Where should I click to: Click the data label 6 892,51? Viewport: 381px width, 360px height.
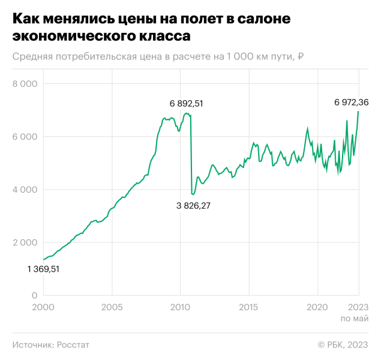coord(187,103)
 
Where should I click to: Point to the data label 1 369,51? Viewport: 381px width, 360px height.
coord(43,269)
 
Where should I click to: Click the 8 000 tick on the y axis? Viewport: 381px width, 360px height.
coord(25,84)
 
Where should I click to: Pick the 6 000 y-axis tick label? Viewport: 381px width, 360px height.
coord(25,137)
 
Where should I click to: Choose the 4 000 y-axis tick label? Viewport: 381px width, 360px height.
coord(25,190)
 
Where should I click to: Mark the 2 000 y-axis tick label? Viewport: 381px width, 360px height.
coord(25,242)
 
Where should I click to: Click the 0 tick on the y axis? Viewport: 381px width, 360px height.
coord(34,295)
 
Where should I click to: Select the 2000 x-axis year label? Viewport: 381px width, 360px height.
coord(43,307)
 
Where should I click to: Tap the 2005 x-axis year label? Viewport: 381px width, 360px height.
coord(112,307)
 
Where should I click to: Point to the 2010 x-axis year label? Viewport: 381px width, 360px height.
coord(180,307)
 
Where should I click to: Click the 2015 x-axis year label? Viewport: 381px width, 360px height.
coord(248,307)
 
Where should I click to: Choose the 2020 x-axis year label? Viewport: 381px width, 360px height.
coord(317,307)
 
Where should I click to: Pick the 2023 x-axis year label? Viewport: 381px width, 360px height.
coord(358,307)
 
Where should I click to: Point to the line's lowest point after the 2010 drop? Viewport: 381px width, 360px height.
coord(193,194)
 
